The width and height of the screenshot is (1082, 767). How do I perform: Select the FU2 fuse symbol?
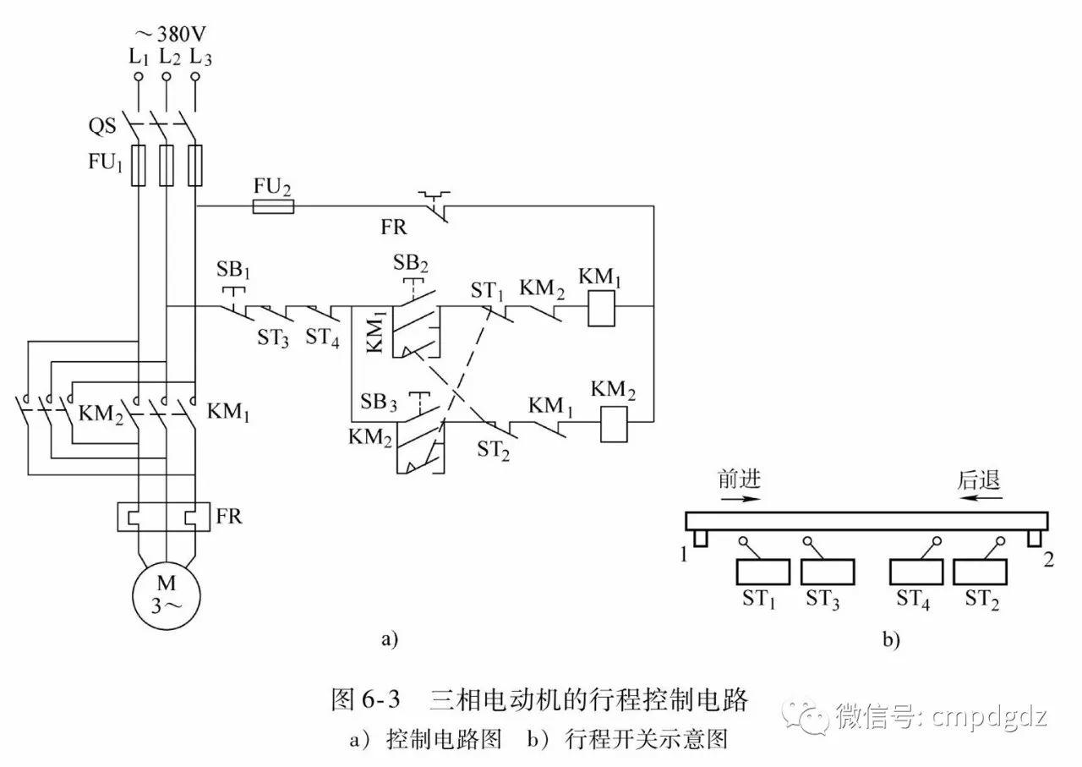click(x=273, y=206)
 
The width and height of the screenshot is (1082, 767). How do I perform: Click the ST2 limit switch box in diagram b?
click(x=980, y=573)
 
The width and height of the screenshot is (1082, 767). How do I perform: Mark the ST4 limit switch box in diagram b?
click(x=916, y=573)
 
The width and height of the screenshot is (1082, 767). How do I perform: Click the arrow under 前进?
click(x=740, y=499)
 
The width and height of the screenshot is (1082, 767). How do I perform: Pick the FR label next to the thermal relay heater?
click(x=229, y=516)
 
